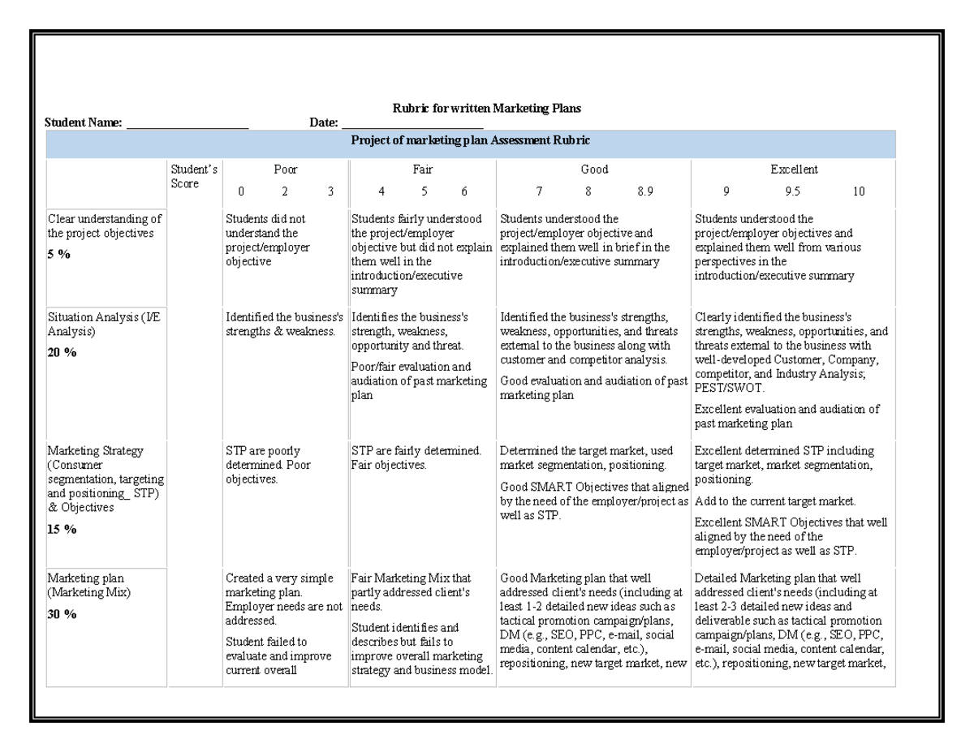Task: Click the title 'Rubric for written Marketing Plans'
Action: [486, 108]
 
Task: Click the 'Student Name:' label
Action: [84, 122]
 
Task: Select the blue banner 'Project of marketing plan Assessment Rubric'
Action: [470, 140]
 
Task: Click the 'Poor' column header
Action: [285, 170]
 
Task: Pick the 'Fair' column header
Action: [422, 170]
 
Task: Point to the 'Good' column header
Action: [594, 170]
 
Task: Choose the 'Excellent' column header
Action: [793, 170]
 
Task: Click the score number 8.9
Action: [645, 191]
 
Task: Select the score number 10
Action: [858, 191]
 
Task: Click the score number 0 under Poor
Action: [239, 191]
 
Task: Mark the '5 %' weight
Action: [59, 255]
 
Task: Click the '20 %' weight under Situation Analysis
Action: [62, 352]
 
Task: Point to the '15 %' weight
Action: [62, 529]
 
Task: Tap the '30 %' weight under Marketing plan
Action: [62, 614]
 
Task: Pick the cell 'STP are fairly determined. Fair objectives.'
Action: [416, 458]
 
